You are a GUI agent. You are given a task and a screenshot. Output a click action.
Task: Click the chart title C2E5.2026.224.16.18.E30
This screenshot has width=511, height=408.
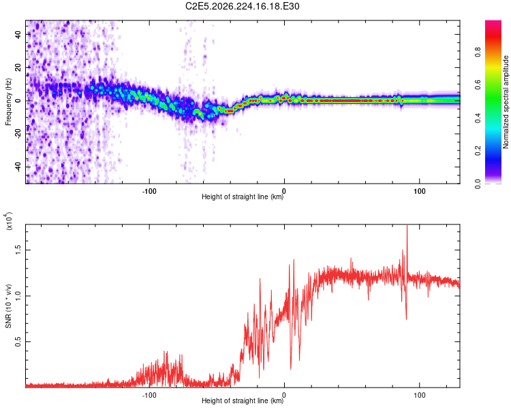point(242,6)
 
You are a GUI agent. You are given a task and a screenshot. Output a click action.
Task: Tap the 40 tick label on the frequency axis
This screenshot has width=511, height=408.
point(18,34)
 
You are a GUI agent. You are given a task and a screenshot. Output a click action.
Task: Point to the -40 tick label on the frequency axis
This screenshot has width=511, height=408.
point(18,167)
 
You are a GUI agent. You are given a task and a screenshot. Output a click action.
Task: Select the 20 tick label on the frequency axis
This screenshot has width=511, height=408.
point(18,67)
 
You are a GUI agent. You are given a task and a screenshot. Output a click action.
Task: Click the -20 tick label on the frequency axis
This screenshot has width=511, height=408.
point(18,134)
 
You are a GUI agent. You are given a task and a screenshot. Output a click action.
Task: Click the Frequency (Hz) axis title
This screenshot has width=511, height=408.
point(8,101)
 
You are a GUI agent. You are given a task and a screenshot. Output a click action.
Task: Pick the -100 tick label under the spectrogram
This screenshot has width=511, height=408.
point(149,191)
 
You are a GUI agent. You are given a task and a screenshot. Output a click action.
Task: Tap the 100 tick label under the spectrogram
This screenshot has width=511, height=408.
point(420,191)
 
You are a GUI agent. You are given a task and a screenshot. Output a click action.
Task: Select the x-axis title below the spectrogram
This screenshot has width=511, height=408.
point(243,197)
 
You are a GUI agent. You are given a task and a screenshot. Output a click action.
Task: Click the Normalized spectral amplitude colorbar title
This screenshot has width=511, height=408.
point(506,102)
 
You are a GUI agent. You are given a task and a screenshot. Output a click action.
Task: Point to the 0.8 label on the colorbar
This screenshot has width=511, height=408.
point(478,52)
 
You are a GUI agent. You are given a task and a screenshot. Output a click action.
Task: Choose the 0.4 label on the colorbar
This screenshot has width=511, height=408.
point(478,118)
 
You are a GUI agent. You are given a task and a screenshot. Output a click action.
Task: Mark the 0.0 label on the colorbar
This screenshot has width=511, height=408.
point(478,184)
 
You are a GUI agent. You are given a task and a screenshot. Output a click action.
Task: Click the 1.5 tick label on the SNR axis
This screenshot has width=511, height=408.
point(18,250)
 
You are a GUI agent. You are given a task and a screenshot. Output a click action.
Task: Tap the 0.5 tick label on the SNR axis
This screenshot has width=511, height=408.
point(18,341)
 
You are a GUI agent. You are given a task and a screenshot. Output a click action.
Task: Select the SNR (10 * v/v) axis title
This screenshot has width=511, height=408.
point(9,306)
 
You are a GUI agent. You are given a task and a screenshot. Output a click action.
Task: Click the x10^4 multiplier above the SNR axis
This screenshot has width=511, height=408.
point(9,221)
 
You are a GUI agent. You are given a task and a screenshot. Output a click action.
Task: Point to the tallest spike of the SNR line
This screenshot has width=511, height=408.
point(407,225)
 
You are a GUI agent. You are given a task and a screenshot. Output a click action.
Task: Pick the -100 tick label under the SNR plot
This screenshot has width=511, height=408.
point(149,395)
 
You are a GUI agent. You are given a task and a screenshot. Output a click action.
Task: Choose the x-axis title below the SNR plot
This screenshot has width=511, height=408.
point(243,401)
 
